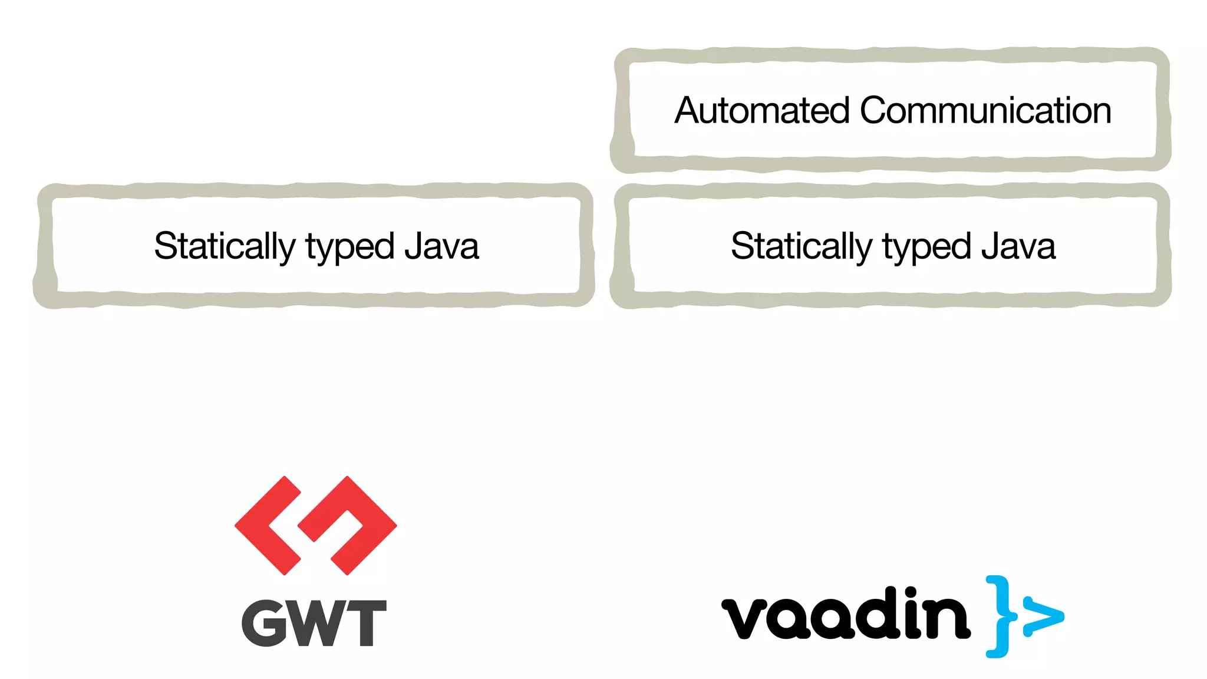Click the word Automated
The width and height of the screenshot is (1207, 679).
click(762, 111)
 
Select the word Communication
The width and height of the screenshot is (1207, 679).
click(985, 111)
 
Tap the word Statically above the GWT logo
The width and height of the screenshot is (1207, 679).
click(225, 246)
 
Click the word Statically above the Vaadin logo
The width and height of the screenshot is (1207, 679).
click(801, 246)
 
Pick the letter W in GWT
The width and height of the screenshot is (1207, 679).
click(314, 623)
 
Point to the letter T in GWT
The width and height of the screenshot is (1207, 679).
click(364, 623)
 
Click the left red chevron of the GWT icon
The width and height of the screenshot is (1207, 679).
click(268, 525)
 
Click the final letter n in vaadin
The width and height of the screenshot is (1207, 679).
click(947, 619)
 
